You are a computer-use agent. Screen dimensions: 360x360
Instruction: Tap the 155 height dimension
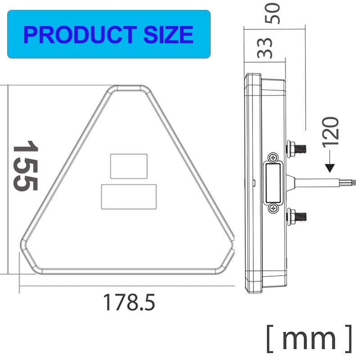pyautogui.click(x=25, y=165)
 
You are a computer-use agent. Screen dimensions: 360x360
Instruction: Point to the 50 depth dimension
pyautogui.click(x=273, y=14)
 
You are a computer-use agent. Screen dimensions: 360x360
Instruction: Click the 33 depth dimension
pyautogui.click(x=265, y=48)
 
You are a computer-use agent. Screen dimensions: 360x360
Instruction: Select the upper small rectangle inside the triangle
pyautogui.click(x=129, y=165)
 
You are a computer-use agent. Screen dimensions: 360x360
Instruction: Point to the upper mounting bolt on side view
pyautogui.click(x=297, y=147)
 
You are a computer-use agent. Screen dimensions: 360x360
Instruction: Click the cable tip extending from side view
pyautogui.click(x=352, y=183)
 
